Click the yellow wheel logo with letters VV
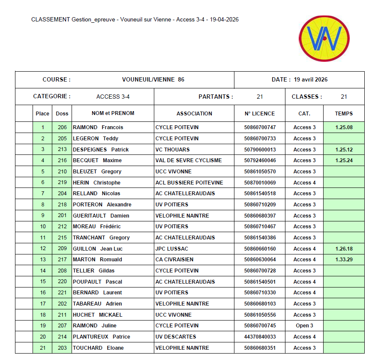coord(324,39)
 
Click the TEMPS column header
coord(344,114)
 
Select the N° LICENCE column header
coord(259,114)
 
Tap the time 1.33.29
coord(344,260)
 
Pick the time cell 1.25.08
coord(344,127)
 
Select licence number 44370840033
coord(260,337)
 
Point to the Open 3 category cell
coord(304,326)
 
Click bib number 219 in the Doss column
coord(62,183)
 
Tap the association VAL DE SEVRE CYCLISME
coord(189,160)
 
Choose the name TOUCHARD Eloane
coord(98,348)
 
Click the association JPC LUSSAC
coord(172,249)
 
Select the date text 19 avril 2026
coord(311,80)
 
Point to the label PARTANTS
coord(216,97)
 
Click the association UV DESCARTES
coord(176,337)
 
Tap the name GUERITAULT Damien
coord(101,216)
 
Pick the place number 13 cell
coord(43,260)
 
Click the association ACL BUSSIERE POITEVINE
coord(189,183)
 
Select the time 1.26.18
coord(344,249)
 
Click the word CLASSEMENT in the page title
coord(51,20)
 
